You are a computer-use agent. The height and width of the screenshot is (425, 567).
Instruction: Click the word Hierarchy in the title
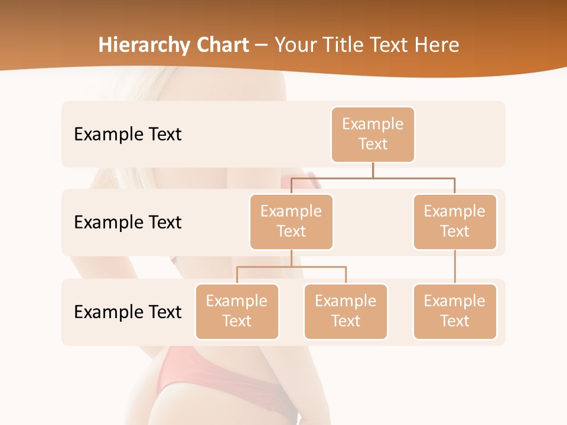[134, 45]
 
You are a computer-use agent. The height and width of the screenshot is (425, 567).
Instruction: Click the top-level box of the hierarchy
[373, 134]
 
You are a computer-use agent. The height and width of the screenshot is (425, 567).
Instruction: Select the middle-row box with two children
[291, 221]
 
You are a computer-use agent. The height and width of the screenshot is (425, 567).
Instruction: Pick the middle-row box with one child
[455, 221]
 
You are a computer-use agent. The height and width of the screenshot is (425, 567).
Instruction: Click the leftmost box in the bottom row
[237, 311]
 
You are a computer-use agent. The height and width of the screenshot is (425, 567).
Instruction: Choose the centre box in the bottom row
[346, 311]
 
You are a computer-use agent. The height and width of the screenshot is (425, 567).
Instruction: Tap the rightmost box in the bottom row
[455, 311]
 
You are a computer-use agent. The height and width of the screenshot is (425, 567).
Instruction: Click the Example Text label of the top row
[128, 134]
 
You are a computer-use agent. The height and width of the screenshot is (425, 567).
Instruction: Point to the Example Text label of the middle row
[128, 222]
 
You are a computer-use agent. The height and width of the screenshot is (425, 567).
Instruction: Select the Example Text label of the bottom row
[128, 312]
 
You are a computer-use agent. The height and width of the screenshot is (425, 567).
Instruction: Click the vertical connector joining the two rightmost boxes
[455, 267]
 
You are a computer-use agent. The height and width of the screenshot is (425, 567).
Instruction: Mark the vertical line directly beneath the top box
[373, 170]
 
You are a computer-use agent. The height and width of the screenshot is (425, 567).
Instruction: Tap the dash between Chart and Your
[262, 45]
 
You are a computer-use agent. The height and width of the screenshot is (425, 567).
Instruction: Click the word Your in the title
[294, 45]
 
